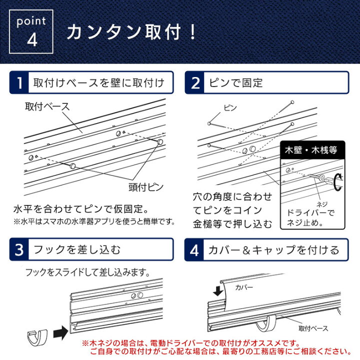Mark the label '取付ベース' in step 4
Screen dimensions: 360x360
(x=313, y=328)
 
